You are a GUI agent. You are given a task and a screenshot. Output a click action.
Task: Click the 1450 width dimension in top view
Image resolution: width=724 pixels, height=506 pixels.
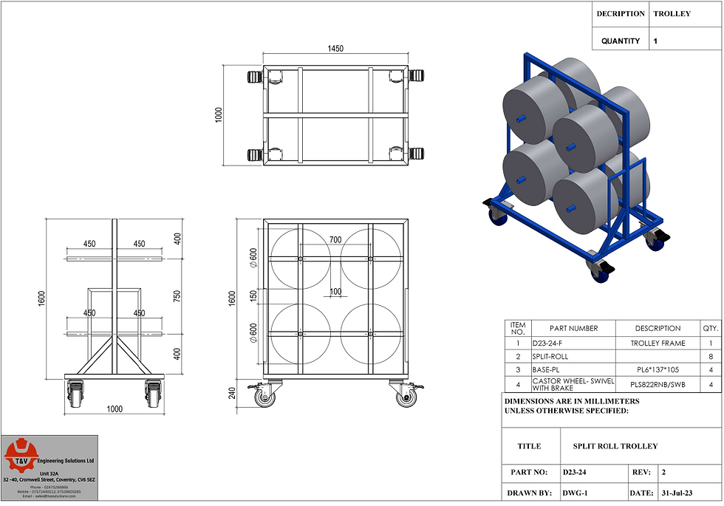click(336, 49)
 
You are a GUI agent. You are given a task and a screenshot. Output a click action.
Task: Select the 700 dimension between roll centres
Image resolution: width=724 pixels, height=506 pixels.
click(335, 240)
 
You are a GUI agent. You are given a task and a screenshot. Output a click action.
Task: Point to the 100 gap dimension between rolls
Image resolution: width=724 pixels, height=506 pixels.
click(335, 291)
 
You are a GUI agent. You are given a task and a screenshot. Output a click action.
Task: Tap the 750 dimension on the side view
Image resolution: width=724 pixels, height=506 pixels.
click(177, 295)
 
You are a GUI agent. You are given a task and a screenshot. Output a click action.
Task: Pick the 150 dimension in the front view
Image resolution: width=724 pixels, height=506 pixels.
click(253, 295)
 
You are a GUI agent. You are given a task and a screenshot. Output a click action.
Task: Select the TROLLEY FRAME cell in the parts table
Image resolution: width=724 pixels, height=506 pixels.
click(658, 343)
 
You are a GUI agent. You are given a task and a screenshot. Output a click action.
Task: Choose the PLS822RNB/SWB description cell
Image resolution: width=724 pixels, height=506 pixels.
click(658, 384)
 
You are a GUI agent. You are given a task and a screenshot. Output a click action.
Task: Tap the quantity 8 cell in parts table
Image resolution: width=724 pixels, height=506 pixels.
click(710, 356)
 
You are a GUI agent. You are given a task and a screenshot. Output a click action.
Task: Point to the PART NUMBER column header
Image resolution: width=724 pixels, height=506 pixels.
click(573, 328)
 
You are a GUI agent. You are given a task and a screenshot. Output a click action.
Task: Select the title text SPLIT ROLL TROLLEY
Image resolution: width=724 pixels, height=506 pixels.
click(615, 446)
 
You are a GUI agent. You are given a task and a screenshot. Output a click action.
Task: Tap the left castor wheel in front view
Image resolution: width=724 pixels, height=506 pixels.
click(264, 397)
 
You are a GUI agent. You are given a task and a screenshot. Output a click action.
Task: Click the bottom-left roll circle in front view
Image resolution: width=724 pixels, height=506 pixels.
click(301, 333)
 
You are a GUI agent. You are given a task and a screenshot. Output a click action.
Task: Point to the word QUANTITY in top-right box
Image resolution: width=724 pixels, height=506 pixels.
click(621, 41)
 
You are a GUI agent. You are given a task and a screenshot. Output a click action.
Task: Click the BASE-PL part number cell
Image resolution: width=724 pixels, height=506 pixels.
click(547, 369)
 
